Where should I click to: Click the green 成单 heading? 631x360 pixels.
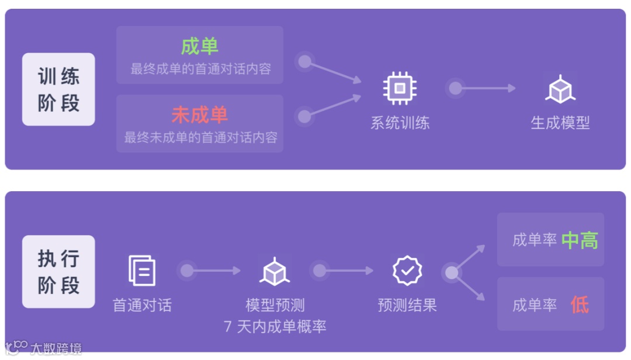(x=199, y=46)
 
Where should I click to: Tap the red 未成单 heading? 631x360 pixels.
(x=199, y=115)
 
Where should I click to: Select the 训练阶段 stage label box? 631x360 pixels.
(x=58, y=89)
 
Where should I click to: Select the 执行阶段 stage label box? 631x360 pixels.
(x=58, y=272)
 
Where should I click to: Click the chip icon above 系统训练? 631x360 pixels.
(x=400, y=89)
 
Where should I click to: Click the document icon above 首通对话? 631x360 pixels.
(x=142, y=271)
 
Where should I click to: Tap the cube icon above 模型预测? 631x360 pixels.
(x=275, y=271)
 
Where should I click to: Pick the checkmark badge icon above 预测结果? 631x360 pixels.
(x=407, y=270)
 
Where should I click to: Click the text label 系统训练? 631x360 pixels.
(x=400, y=123)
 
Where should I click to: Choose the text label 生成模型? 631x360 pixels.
(x=560, y=123)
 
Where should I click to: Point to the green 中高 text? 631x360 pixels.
(x=580, y=240)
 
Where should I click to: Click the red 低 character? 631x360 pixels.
(x=580, y=304)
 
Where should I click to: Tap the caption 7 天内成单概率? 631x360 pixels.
(x=275, y=326)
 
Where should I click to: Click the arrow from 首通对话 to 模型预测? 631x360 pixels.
(x=214, y=271)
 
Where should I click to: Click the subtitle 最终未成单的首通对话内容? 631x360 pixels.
(x=200, y=138)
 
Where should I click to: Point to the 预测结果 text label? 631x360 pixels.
(x=407, y=305)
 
